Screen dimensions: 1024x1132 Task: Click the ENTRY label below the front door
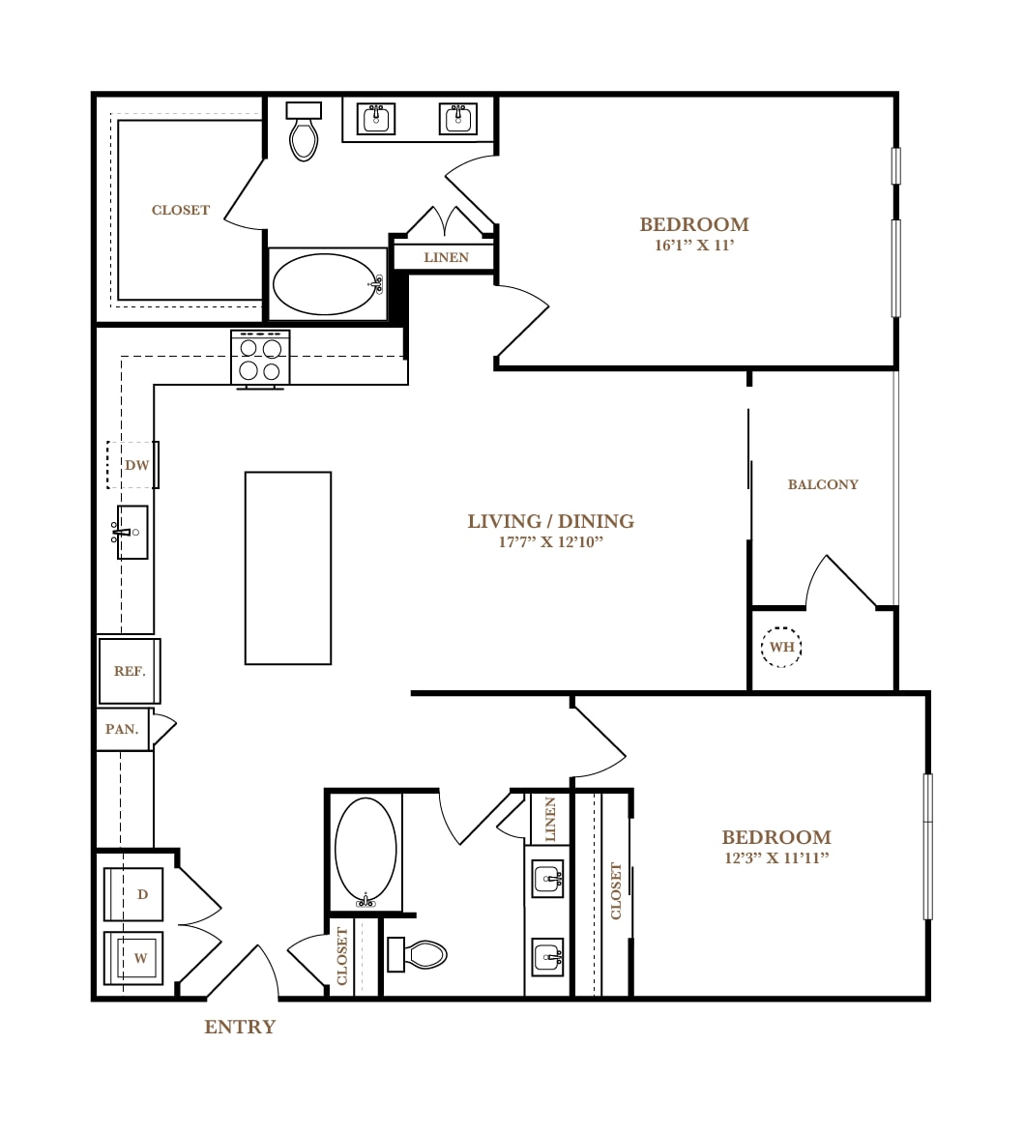pos(240,1027)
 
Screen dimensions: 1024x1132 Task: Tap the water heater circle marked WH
pos(781,647)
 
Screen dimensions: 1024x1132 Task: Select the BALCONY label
pos(823,484)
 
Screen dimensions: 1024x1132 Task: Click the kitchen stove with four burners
pos(260,359)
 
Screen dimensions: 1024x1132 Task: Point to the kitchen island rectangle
pos(288,568)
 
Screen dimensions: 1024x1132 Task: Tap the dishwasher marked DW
pos(133,465)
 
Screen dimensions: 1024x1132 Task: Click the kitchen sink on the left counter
pos(131,533)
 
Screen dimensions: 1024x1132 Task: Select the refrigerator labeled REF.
pos(130,671)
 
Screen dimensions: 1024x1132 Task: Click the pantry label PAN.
pos(122,729)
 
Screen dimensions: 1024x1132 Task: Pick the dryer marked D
pos(133,894)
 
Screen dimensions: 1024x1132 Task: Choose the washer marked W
pos(133,958)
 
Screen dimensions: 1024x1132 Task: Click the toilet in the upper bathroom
pos(304,131)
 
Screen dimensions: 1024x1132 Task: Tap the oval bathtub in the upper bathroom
pos(327,283)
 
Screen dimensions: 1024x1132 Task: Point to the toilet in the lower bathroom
pos(418,954)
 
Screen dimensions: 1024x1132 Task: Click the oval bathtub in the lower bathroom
pos(366,852)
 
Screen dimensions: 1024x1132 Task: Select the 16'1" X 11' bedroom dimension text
pos(694,246)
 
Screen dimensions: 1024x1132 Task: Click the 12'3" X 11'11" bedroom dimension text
pos(776,858)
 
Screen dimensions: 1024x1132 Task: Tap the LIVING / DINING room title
pos(551,521)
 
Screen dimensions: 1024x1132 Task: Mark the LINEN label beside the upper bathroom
pos(447,257)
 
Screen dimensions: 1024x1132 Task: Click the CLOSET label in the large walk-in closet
pos(181,210)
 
